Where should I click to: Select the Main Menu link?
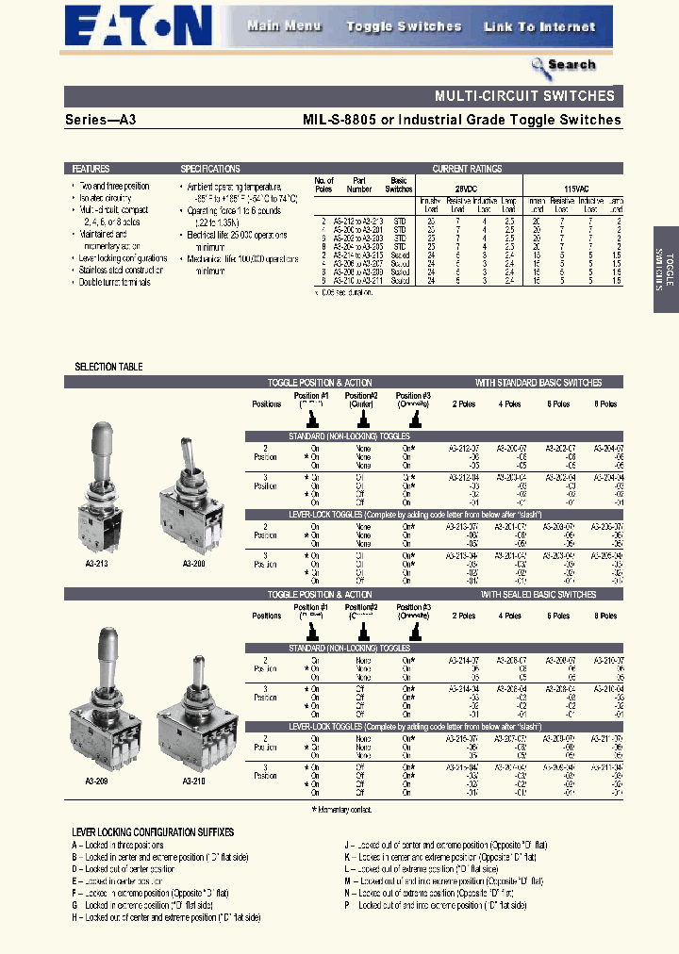[x=284, y=26]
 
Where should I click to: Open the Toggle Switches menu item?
[x=404, y=26]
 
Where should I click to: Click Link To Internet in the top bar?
[x=539, y=26]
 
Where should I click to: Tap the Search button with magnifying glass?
[x=563, y=65]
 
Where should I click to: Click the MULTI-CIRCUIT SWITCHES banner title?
[x=524, y=96]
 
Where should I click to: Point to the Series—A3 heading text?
[x=99, y=120]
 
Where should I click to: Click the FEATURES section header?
[x=91, y=169]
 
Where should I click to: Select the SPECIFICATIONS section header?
[x=209, y=169]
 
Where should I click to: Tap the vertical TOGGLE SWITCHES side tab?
[x=665, y=269]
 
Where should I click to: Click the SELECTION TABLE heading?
[x=108, y=367]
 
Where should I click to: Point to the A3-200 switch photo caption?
[x=192, y=564]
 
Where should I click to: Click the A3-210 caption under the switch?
[x=193, y=781]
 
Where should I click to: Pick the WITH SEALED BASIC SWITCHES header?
[x=538, y=595]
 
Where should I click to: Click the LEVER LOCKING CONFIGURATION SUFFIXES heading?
[x=153, y=832]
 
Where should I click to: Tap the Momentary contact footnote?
[x=341, y=809]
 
